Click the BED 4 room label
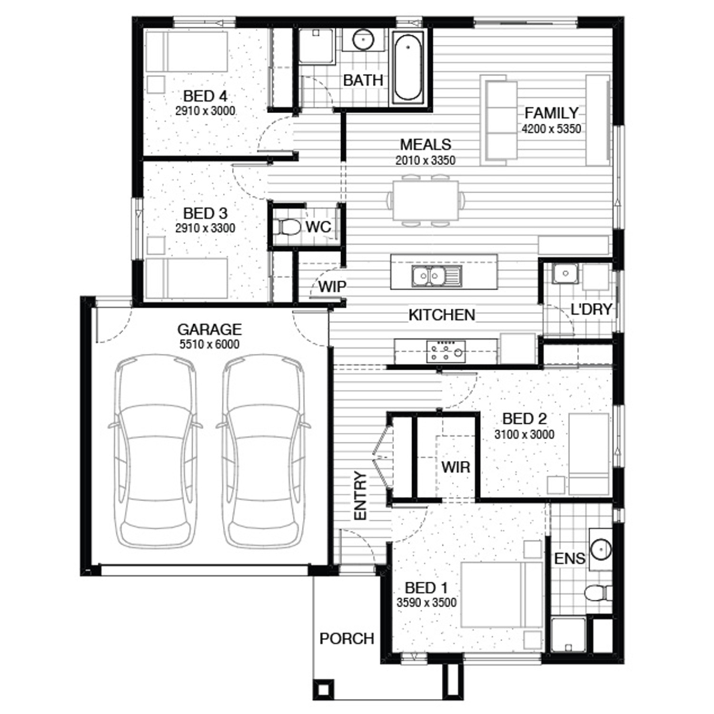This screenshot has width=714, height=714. [205, 96]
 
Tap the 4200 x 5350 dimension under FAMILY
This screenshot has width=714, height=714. [551, 129]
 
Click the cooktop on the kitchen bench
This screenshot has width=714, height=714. [446, 351]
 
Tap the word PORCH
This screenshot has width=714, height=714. [347, 638]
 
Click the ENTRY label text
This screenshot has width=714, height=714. [360, 496]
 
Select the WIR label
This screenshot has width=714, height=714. [456, 467]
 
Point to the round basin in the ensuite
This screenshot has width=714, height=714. [601, 549]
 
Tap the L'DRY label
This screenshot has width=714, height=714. [591, 309]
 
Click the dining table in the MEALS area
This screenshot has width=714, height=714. [426, 200]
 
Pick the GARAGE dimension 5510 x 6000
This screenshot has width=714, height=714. [209, 344]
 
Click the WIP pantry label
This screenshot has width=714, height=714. [332, 287]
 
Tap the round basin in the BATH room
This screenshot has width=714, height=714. [363, 40]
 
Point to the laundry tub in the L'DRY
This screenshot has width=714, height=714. [565, 274]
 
